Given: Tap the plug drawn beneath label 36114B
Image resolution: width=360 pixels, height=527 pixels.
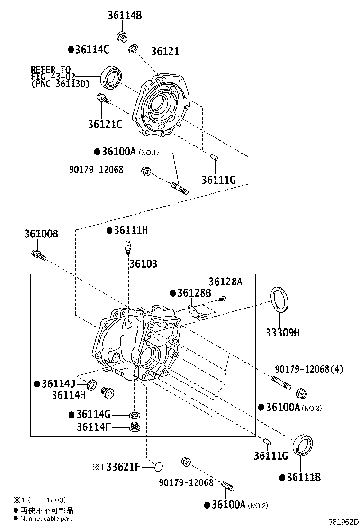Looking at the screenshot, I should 122,36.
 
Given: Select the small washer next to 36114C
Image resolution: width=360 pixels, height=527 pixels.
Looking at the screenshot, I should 134,48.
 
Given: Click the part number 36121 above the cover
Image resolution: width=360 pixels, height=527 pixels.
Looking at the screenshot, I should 165,51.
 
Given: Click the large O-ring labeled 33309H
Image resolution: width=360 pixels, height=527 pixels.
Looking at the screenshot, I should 278,299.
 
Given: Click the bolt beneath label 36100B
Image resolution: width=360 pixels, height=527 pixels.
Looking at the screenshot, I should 38,254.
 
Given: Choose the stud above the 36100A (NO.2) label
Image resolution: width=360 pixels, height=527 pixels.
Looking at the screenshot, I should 228,486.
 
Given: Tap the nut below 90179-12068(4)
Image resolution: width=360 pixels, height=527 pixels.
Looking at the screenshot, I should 300,392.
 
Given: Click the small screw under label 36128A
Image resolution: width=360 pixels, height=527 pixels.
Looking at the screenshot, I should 223,298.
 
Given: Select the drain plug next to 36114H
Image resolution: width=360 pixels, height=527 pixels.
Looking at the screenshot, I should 108,392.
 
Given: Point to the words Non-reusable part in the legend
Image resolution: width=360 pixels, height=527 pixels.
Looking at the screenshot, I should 46,519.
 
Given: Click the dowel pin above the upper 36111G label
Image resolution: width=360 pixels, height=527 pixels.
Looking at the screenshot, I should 214,157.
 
